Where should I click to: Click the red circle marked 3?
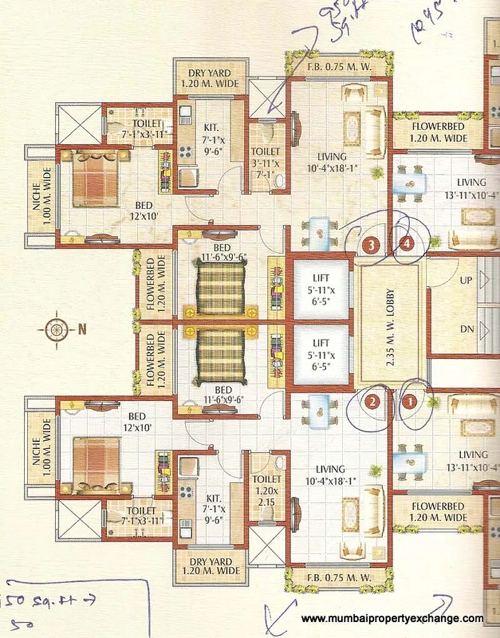(372, 246)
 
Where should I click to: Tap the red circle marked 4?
(407, 244)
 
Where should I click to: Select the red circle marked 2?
(373, 402)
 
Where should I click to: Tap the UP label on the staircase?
(466, 281)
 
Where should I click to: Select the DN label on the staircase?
(466, 329)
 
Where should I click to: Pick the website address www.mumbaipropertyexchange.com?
(392, 619)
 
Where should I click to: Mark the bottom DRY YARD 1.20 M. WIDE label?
(206, 566)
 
